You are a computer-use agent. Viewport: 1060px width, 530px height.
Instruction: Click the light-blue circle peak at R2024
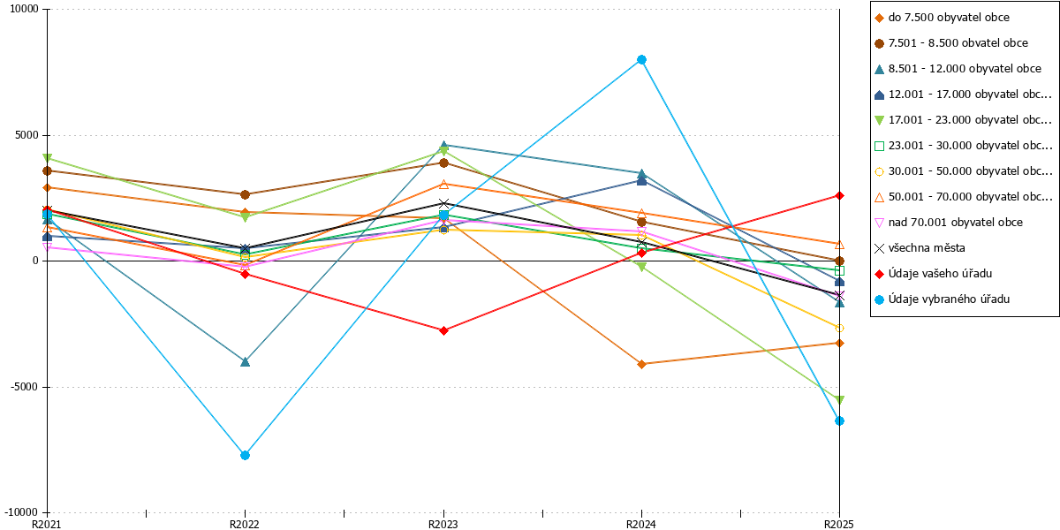(x=641, y=60)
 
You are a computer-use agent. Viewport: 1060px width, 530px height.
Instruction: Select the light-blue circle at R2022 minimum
(x=246, y=455)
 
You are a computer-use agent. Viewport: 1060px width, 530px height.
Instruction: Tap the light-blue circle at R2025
(x=839, y=420)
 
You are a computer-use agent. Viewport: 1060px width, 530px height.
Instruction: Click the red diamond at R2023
(x=443, y=330)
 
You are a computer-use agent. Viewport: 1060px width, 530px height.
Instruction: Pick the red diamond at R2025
(x=839, y=195)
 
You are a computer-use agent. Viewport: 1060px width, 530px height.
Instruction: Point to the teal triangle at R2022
(x=246, y=362)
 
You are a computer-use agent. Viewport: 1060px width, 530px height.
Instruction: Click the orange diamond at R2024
(x=641, y=364)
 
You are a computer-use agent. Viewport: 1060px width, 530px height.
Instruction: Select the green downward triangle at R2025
(x=839, y=400)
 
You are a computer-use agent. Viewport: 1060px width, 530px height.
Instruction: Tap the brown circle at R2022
(x=246, y=194)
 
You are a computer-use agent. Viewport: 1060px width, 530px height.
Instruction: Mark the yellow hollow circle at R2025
(x=839, y=328)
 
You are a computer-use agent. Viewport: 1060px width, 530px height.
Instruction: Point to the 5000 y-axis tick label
(x=26, y=135)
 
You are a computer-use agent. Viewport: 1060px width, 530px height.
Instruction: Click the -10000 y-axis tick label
(x=21, y=512)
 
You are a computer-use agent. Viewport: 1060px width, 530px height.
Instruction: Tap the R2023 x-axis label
(x=443, y=525)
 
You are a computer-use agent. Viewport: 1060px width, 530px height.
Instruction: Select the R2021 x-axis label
(x=46, y=525)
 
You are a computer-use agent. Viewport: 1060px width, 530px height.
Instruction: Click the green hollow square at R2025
(x=839, y=270)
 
